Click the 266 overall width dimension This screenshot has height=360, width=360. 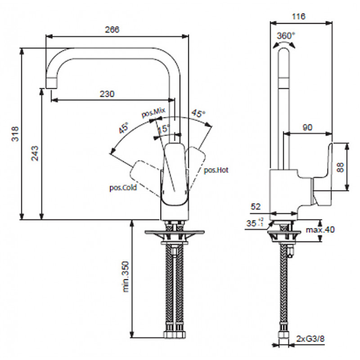(112, 29)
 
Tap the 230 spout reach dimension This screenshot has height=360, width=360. (107, 94)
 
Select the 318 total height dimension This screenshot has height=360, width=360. (15, 134)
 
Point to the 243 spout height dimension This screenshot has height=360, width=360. (35, 153)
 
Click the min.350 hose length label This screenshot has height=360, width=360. (126, 277)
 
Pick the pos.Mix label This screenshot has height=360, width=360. (153, 112)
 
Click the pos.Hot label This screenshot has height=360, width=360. (216, 170)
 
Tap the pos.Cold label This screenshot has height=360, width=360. (123, 188)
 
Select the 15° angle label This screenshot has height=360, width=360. (164, 128)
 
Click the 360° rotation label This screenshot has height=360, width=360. (286, 36)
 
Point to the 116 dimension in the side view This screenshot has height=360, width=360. (298, 16)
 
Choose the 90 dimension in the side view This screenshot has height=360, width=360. (307, 127)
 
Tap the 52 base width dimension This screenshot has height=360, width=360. (256, 207)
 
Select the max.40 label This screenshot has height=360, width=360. (320, 229)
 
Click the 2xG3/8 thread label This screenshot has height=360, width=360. (310, 339)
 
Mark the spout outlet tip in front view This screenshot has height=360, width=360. (51, 88)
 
